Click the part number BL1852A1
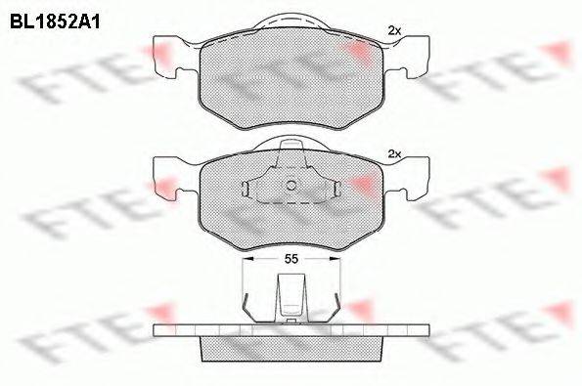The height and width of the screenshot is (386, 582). pyautogui.click(x=55, y=22)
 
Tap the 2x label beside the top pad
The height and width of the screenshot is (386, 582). pyautogui.click(x=394, y=31)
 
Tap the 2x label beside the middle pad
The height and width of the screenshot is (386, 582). pyautogui.click(x=394, y=153)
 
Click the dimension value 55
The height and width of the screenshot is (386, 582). pyautogui.click(x=291, y=259)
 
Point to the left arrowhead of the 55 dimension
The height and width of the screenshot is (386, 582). pyautogui.click(x=247, y=259)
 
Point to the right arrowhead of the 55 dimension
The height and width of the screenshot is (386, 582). pyautogui.click(x=335, y=259)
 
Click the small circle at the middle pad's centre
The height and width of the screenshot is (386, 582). pyautogui.click(x=291, y=185)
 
